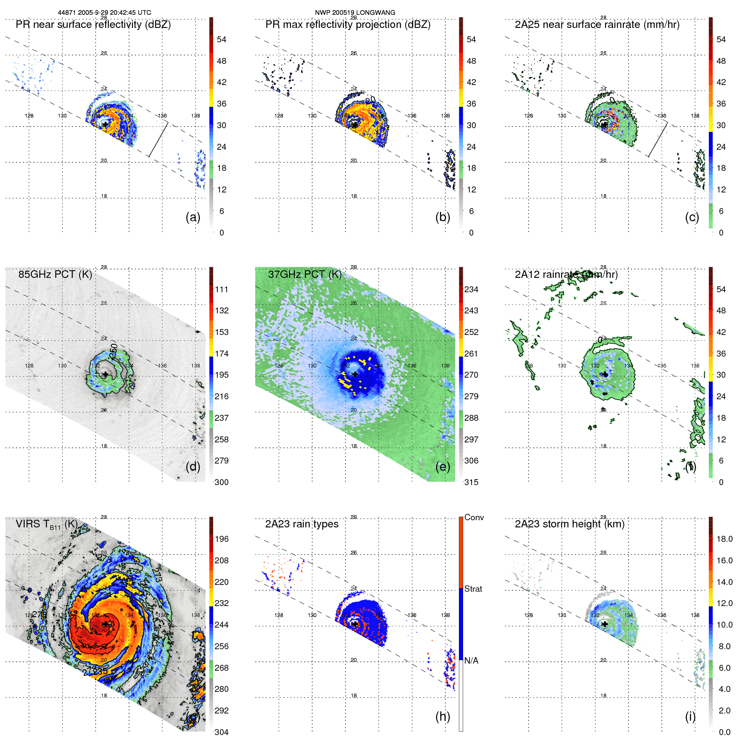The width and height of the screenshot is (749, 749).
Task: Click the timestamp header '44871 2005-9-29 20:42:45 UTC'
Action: point(104,13)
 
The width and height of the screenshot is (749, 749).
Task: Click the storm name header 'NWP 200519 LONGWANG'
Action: point(355,13)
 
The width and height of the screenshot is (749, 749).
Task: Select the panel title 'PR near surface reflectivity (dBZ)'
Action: point(93,25)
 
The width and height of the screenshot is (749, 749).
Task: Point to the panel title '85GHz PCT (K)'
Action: point(55,274)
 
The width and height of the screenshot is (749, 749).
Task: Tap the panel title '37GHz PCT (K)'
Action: point(305,274)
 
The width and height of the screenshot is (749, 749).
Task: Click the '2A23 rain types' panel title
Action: point(302,524)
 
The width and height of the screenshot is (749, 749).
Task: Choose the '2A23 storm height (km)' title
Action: point(569,524)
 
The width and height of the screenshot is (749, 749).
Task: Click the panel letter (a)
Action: point(193,217)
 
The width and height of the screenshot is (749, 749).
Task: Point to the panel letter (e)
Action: point(442,466)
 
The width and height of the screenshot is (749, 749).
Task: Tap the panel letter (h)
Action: point(442,716)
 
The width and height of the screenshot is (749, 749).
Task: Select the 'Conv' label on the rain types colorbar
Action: point(474,517)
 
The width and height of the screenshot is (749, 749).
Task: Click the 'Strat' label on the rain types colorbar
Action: point(473,589)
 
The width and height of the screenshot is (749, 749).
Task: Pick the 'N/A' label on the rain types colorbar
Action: point(471,661)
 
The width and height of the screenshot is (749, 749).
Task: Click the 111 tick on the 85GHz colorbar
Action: point(222,289)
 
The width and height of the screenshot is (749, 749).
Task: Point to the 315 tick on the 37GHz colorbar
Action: point(471,482)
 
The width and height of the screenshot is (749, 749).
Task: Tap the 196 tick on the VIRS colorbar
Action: point(222,539)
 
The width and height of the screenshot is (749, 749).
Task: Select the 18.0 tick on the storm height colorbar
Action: point(724,539)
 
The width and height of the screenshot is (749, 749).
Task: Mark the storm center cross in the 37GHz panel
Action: point(355,374)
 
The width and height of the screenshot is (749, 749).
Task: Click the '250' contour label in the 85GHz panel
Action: point(114,351)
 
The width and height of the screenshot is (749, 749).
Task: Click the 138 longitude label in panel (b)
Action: point(445,115)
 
